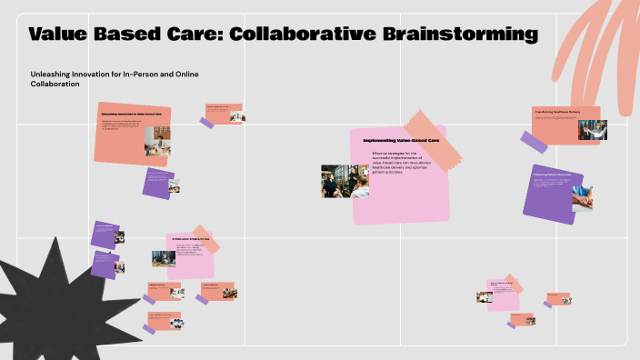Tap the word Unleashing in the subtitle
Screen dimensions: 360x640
coord(52,72)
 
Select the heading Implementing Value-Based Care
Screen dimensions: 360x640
coord(401,141)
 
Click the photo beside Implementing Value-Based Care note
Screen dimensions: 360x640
coord(345,181)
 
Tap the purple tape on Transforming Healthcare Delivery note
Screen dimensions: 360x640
coord(535,141)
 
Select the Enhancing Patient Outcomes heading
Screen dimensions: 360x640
coord(552,174)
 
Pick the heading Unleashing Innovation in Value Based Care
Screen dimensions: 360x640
coord(133,114)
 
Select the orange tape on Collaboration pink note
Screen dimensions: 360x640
coord(205,234)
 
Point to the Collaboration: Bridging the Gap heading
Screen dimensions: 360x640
coord(192,239)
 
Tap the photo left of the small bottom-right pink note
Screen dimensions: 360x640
coord(485,295)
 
